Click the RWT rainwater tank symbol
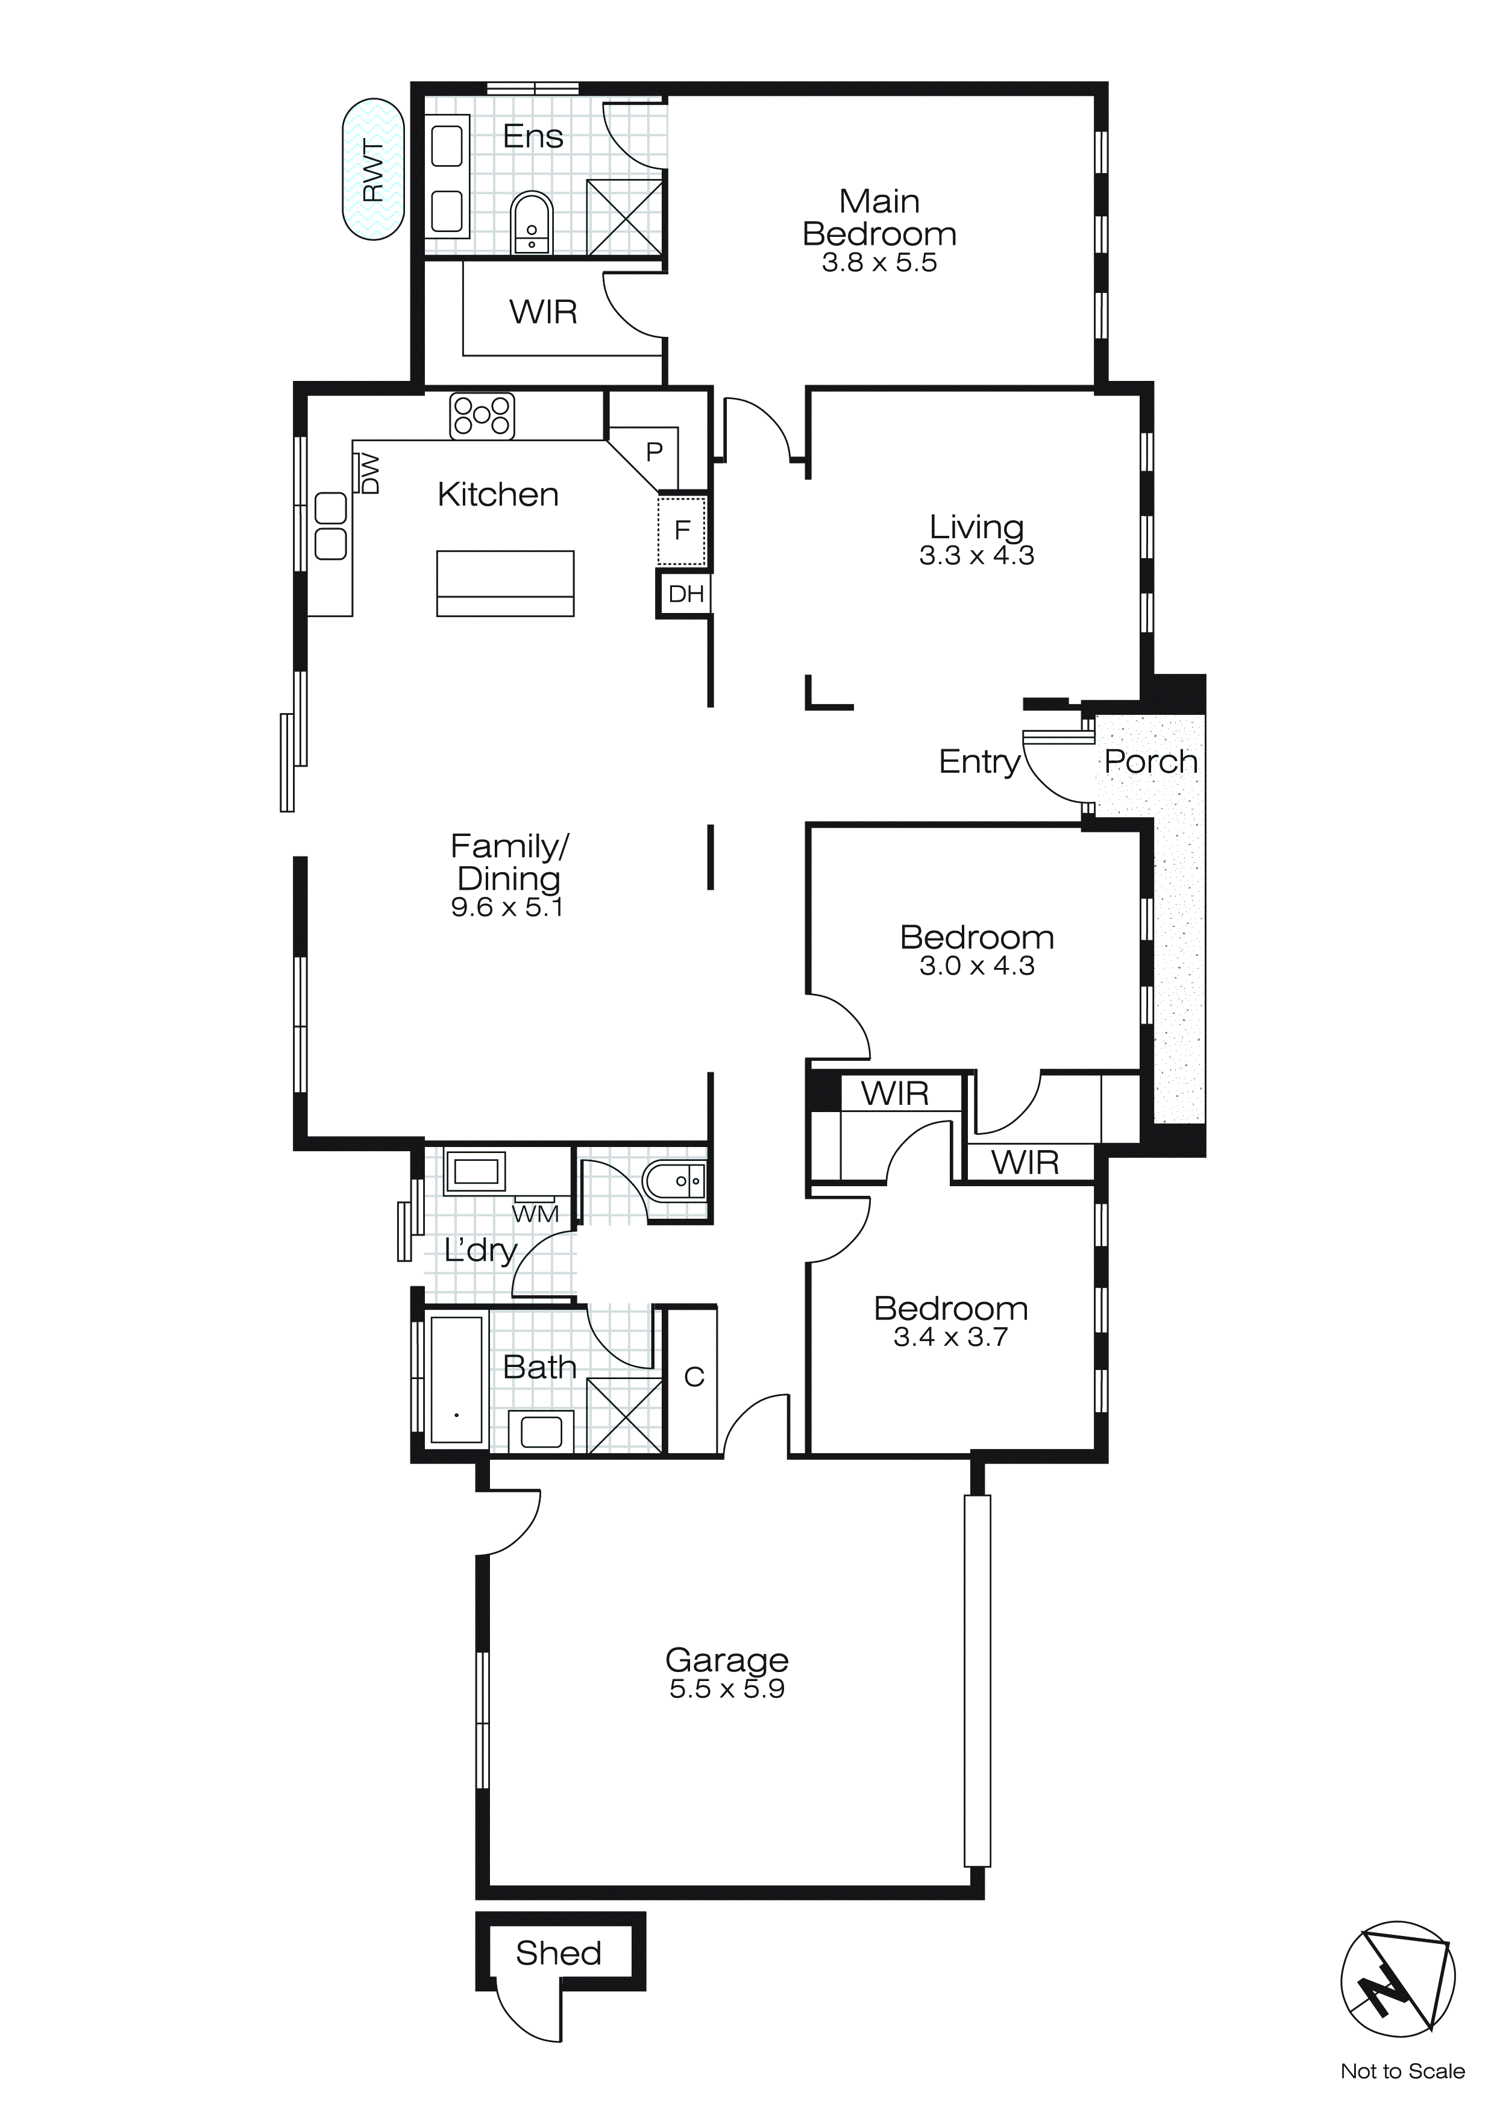click(372, 169)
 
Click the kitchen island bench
click(505, 583)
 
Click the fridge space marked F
click(682, 530)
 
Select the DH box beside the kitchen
click(685, 594)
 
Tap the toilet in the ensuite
click(531, 224)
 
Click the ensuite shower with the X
click(624, 217)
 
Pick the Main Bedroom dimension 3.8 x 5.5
click(879, 263)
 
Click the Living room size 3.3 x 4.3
click(976, 556)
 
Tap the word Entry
click(979, 762)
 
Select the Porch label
click(1150, 762)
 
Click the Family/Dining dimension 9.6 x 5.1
click(506, 907)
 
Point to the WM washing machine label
click(535, 1214)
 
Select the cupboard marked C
click(694, 1378)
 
